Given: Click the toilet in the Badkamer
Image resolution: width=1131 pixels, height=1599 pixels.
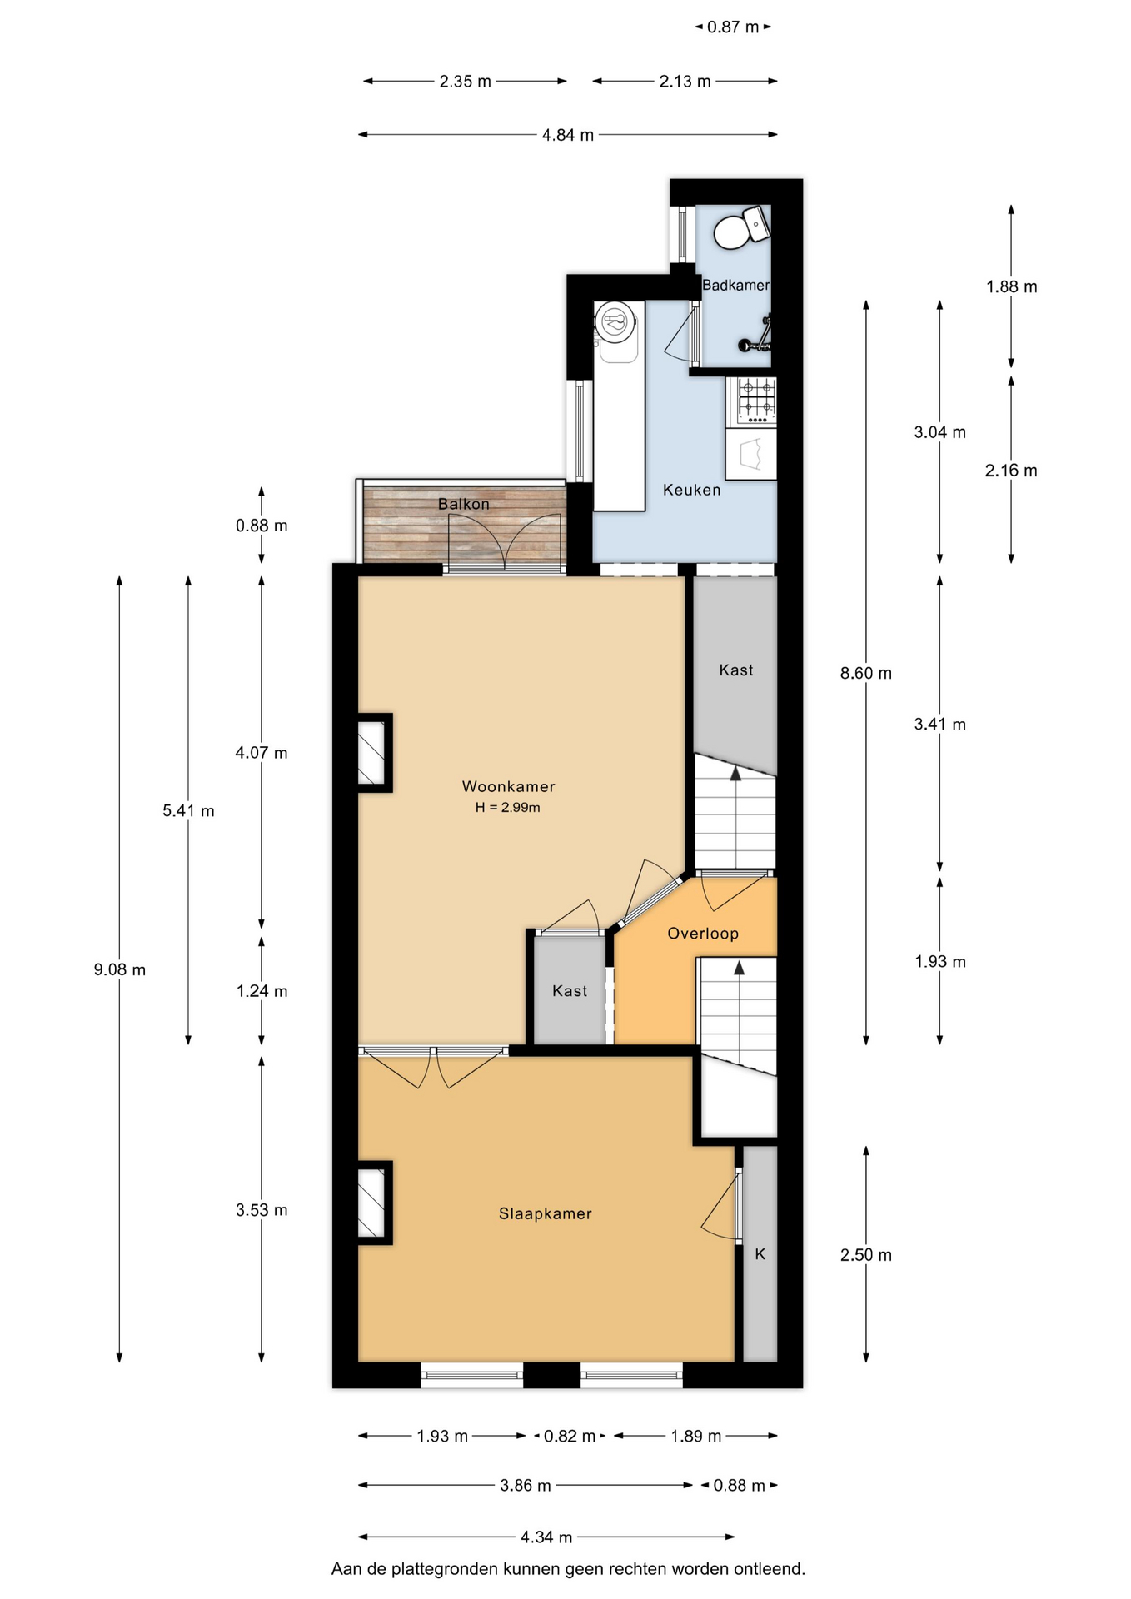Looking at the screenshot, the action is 740,227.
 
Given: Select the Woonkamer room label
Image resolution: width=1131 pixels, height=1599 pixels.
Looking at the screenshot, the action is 508,786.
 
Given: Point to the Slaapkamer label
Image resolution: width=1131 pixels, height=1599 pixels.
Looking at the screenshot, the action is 546,1213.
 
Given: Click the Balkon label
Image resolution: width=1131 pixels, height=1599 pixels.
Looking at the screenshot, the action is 464,504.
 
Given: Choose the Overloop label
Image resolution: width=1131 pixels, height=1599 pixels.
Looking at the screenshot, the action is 703,934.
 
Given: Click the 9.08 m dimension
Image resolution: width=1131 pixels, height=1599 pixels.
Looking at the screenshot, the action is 120,969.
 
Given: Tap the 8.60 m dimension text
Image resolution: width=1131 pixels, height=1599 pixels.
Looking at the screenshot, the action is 866,673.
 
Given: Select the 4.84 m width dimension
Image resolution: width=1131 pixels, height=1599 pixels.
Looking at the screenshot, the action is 568,135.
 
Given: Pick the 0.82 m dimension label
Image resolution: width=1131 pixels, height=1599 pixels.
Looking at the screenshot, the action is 570,1436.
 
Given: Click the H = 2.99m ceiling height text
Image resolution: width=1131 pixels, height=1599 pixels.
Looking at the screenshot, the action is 508,807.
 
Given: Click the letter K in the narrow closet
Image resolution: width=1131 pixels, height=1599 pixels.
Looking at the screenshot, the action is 760,1253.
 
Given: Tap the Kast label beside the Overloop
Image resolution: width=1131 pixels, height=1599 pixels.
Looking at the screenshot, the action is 570,991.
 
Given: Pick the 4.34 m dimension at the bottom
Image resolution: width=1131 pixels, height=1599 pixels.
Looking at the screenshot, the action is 546,1537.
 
